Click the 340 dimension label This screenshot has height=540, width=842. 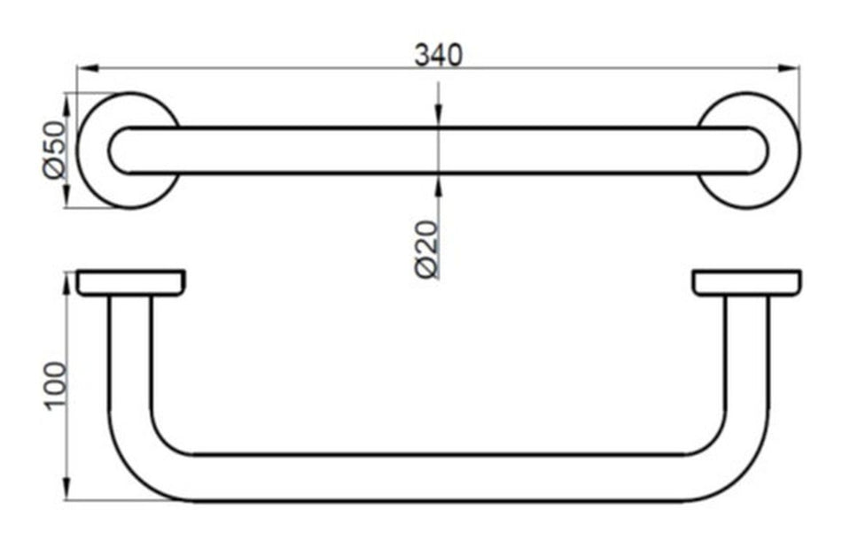[440, 55]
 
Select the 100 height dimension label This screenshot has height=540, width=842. [56, 386]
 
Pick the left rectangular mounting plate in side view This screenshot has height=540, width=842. [131, 282]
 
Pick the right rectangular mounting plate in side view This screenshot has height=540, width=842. [747, 282]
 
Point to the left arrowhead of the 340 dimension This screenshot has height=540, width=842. [85, 68]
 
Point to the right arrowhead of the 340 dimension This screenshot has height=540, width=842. [791, 68]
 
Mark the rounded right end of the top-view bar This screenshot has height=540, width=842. [760, 150]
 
